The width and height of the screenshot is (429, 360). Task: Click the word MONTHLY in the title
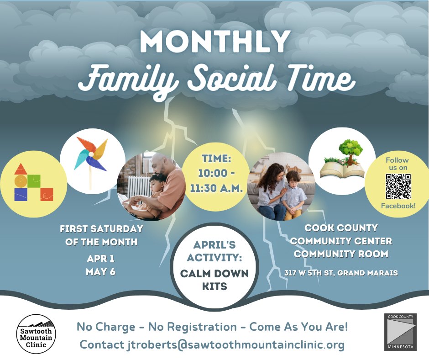(x=215, y=42)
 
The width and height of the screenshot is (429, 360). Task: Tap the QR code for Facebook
(x=398, y=186)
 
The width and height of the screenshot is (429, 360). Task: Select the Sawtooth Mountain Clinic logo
(x=36, y=334)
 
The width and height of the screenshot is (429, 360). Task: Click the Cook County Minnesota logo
(x=400, y=332)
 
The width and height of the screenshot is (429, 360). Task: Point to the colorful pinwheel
(x=91, y=162)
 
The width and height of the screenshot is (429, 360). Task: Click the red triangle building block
(x=21, y=169)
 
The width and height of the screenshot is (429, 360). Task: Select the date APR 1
(x=101, y=259)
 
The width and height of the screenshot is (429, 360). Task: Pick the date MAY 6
(x=101, y=271)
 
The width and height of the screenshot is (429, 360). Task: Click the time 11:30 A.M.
(x=216, y=188)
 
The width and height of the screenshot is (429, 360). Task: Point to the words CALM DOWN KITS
(x=214, y=280)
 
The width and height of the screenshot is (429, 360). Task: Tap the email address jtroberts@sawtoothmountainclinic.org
(x=236, y=344)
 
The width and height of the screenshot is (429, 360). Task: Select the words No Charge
(x=106, y=327)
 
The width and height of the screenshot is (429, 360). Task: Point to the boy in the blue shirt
(x=293, y=195)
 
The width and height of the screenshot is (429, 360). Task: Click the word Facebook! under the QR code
(x=398, y=206)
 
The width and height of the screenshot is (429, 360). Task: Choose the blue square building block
(x=21, y=195)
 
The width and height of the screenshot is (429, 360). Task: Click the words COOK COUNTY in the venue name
(x=341, y=228)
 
